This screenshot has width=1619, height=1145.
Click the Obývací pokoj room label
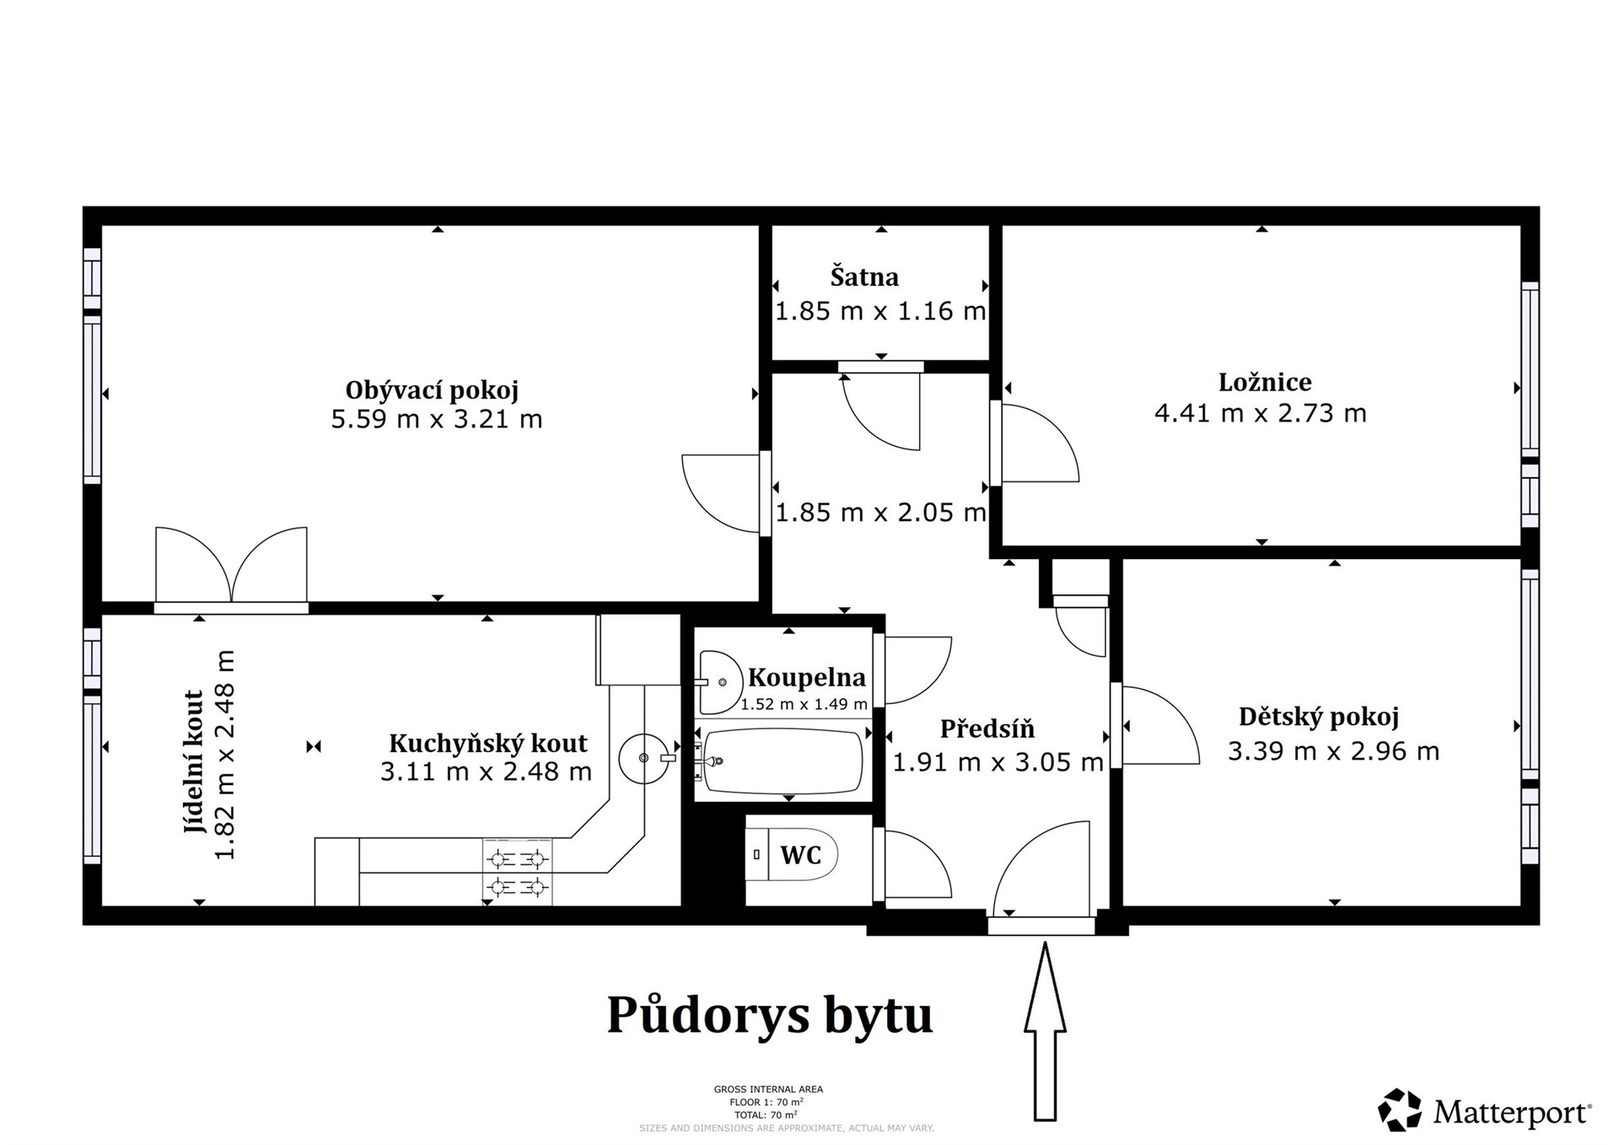432,390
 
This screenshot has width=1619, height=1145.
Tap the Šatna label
864,277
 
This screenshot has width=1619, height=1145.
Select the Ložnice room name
1265,382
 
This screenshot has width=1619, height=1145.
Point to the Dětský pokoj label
1318,717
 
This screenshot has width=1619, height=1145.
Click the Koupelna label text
806,677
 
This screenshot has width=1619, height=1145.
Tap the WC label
800,855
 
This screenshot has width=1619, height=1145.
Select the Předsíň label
987,728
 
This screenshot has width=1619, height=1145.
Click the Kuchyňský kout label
487,743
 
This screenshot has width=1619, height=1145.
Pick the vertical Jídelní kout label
195,761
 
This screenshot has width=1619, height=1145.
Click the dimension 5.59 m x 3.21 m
436,419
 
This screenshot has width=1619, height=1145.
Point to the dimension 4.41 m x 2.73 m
1260,413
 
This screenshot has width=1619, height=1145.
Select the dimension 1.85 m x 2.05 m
880,513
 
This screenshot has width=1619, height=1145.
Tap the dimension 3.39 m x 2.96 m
1333,751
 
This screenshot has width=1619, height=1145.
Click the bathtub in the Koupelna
783,762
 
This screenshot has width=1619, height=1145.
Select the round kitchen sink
643,758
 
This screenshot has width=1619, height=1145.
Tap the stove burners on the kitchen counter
517,873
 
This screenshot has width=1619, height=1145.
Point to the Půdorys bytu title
769,1014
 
